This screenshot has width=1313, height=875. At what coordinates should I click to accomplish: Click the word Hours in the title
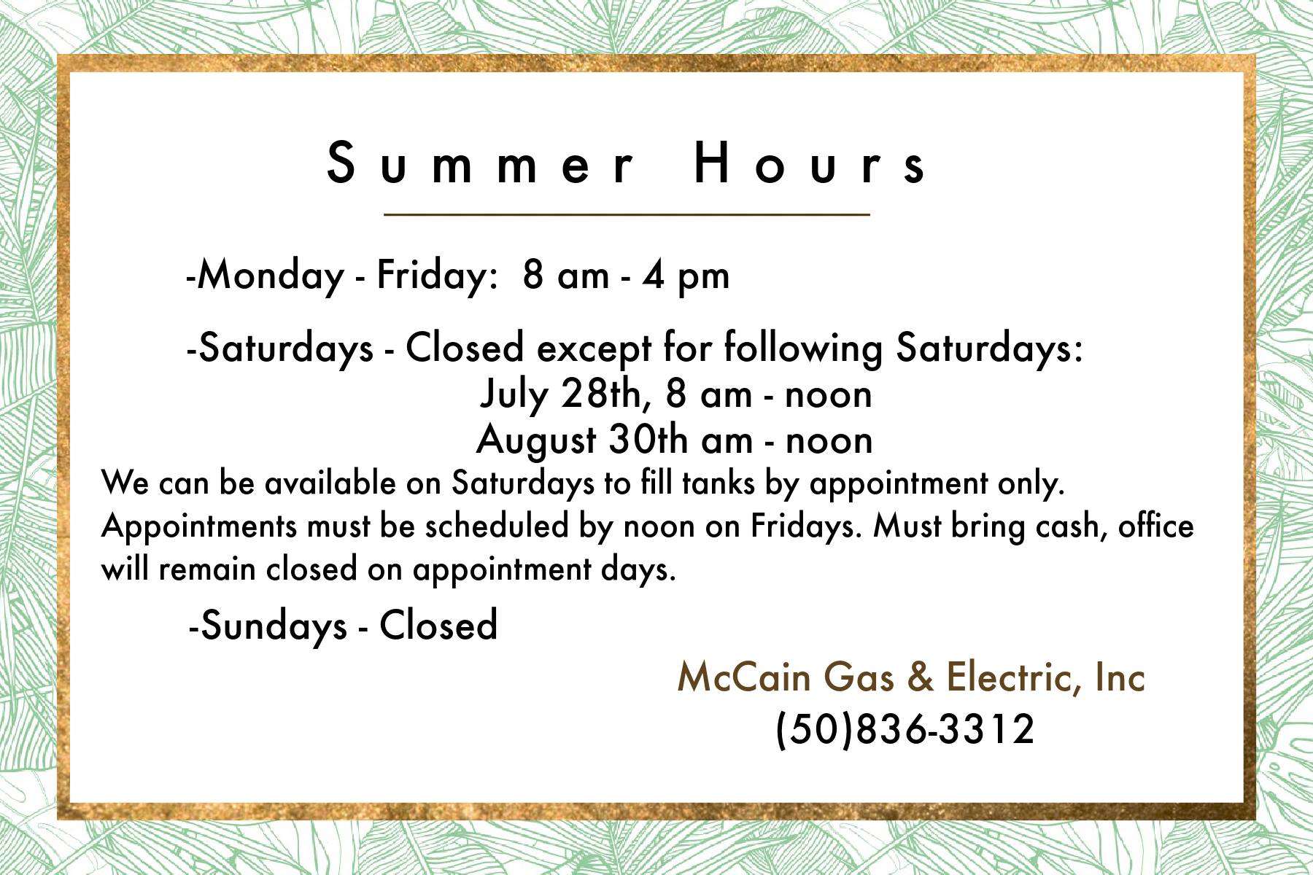[x=810, y=164]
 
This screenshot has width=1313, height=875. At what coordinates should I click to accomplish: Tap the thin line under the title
[x=627, y=215]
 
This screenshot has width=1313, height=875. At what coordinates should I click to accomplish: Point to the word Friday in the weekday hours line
[x=427, y=276]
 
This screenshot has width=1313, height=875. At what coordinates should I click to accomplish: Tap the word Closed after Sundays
[x=438, y=626]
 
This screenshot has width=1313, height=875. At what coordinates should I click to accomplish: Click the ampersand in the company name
[x=921, y=677]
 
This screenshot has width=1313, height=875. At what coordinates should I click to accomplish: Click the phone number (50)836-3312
[x=905, y=728]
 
